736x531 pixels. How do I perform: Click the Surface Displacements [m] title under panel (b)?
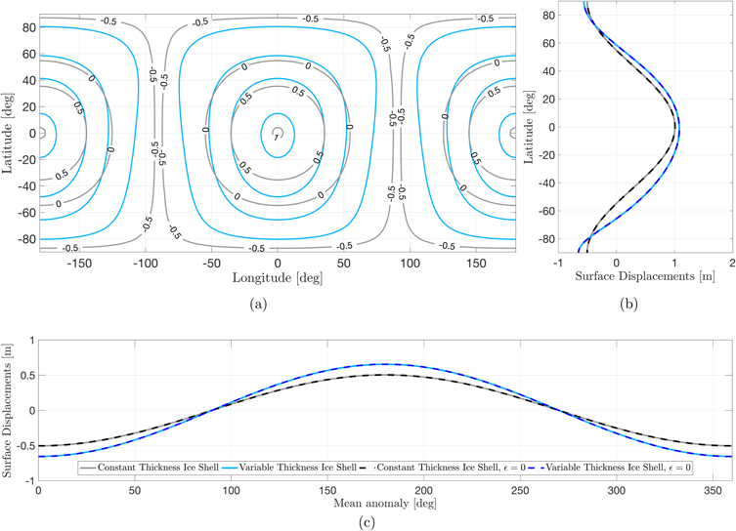(645, 275)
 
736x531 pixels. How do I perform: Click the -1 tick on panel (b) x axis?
(557, 263)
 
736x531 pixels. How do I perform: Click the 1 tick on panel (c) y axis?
(29, 340)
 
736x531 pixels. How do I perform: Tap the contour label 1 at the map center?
(278, 138)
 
